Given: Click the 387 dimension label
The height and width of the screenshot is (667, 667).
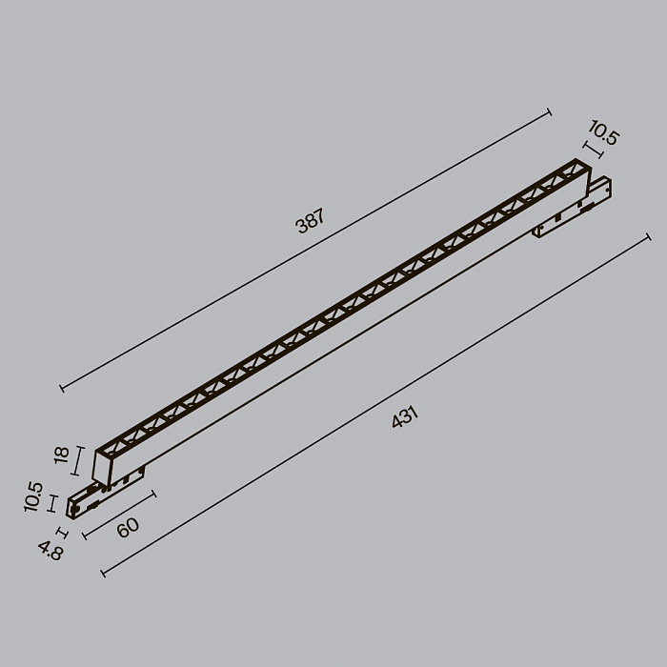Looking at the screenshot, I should coord(311,222).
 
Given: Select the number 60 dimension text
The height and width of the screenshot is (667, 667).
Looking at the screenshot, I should coord(127,526).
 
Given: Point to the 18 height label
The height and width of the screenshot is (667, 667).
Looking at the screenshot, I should coord(62,458).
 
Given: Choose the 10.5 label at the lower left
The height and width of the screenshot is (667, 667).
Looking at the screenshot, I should coord(34,497).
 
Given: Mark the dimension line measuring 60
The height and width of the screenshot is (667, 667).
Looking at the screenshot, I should coord(119,515).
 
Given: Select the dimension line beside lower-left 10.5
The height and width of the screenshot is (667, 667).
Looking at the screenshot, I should coord(52,504).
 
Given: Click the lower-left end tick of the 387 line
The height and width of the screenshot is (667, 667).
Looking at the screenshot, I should coord(62,388).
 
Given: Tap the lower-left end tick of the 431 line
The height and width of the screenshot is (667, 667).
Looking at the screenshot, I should coord(102,572).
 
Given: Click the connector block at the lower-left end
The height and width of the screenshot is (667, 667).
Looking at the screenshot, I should coord(84,502).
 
